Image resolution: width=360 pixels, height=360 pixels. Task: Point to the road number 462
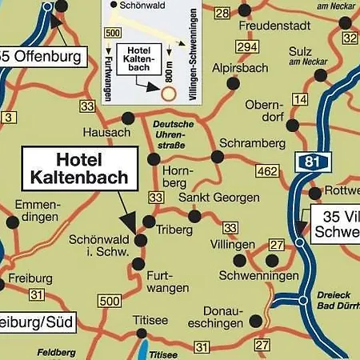[267, 170]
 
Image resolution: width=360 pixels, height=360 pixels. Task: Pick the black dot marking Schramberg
[218, 157]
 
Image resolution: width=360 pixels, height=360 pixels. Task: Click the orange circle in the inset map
[167, 94]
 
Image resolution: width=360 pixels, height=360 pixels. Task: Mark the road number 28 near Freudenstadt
[222, 12]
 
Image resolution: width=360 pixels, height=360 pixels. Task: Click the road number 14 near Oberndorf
[300, 99]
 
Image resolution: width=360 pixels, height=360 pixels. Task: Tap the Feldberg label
[56, 352]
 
